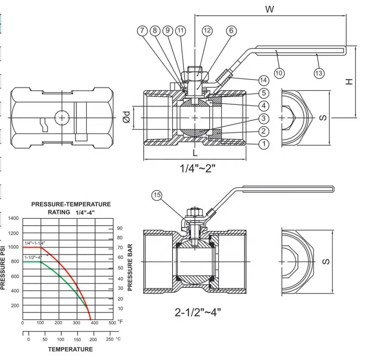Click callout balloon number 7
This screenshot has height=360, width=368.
[x=142, y=31]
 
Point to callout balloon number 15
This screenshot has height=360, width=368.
[x=157, y=195]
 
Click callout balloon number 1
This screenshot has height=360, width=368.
[x=263, y=143]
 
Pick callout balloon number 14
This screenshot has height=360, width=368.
[x=263, y=80]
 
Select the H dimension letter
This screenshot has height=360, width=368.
[x=349, y=81]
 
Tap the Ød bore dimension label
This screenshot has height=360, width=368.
[x=126, y=117]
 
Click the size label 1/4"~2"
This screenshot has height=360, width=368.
[x=198, y=168]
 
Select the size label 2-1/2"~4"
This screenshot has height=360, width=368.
[x=198, y=312]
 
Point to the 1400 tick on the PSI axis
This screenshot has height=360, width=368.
[x=14, y=218]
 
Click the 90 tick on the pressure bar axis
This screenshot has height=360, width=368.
[x=119, y=228]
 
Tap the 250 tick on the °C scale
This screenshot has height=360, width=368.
[x=110, y=339]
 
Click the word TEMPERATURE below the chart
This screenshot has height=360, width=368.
[x=70, y=349]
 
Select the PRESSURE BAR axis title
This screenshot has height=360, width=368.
[x=130, y=268]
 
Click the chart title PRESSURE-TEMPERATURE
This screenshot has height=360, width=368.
[x=71, y=204]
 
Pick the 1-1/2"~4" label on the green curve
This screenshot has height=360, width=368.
[x=33, y=258]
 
